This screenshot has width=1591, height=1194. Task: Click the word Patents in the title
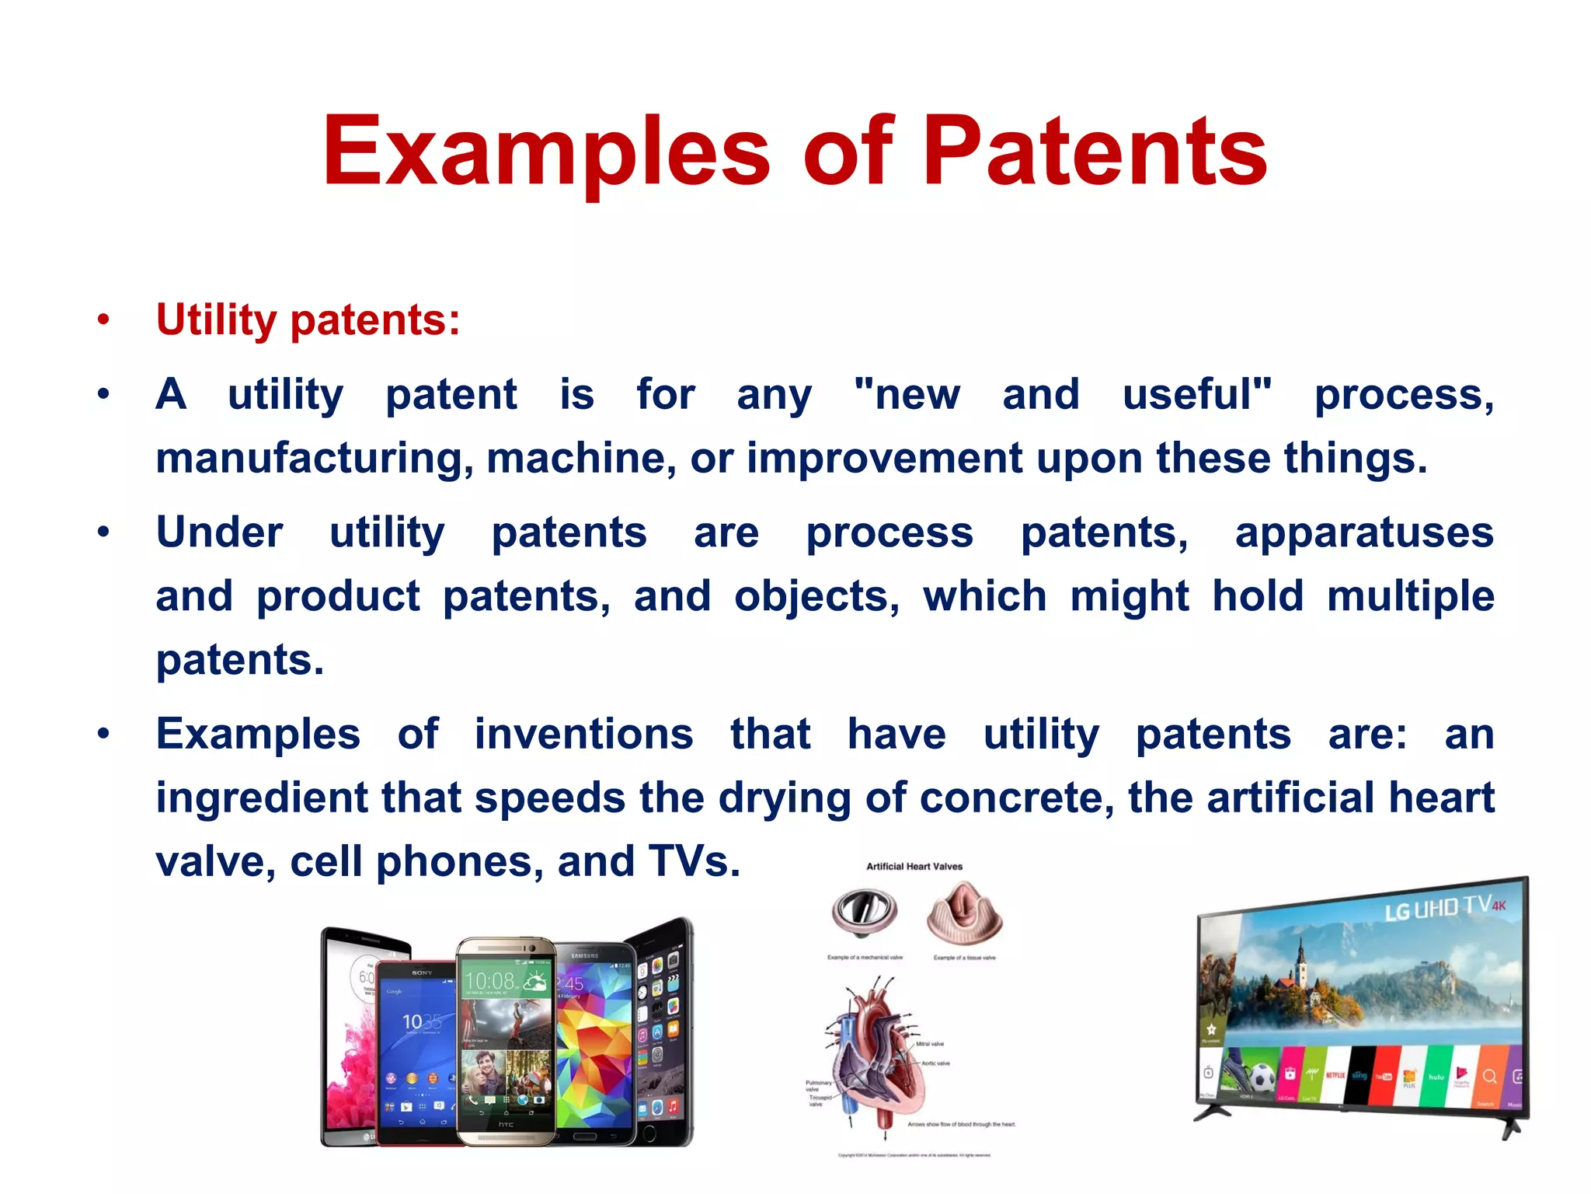tap(1095, 152)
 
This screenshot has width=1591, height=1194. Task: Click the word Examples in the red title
tap(546, 152)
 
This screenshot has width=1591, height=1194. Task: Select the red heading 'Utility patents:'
tap(308, 319)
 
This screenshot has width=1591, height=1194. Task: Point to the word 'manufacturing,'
tap(314, 458)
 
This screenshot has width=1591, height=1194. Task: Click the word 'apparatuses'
tap(1364, 533)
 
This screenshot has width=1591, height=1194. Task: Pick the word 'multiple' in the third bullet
tap(1410, 596)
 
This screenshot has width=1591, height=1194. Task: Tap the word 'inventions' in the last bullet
tap(583, 735)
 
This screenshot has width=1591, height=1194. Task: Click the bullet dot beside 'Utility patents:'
tap(103, 320)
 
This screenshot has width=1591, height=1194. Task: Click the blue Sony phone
tap(416, 1049)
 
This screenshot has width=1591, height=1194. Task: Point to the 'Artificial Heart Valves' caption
tap(914, 866)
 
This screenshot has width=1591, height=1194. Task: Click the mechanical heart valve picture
tap(864, 911)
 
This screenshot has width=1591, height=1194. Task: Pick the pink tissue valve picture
tap(964, 911)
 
